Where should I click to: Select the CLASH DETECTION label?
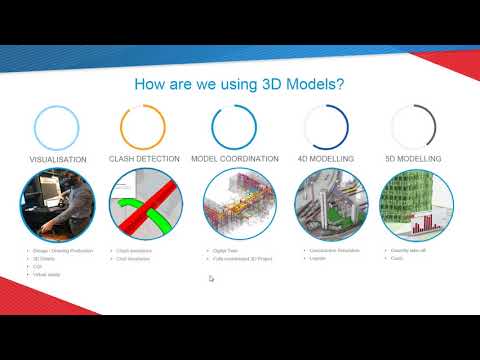[x=143, y=158]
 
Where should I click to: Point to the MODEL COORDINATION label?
[x=236, y=158]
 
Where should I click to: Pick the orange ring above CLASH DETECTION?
[x=143, y=127]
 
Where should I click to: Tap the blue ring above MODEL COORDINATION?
[x=235, y=127]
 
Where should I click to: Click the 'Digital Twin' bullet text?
[x=226, y=250]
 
